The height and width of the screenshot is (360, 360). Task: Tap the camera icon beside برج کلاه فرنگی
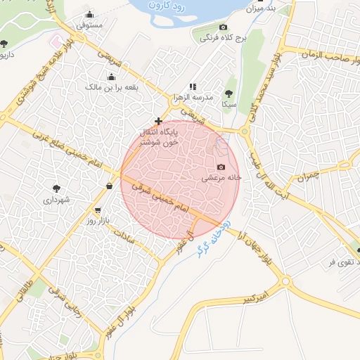(223, 27)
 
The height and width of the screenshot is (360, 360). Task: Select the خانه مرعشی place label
(222, 178)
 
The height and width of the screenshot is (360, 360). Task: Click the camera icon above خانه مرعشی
(221, 167)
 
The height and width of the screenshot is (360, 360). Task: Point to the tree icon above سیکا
(229, 93)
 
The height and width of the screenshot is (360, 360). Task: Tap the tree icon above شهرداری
(56, 188)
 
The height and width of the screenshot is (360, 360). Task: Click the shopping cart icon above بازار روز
(98, 210)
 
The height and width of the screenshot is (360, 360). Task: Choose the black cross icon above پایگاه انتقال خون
(158, 121)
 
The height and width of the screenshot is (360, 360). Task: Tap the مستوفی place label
(89, 25)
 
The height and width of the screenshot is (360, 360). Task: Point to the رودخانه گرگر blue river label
(210, 238)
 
